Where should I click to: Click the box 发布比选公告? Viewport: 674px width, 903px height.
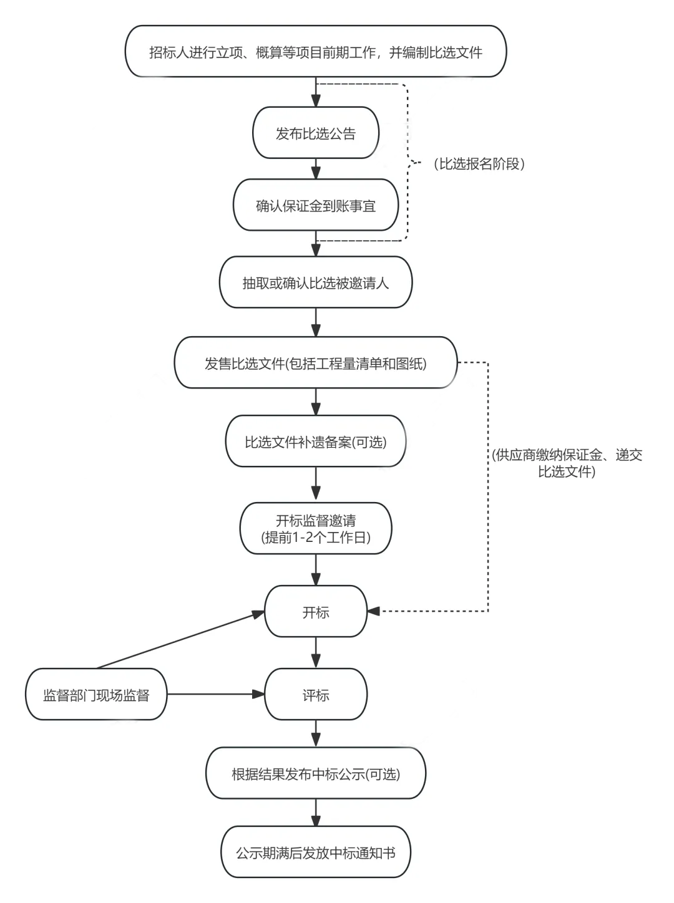tap(316, 133)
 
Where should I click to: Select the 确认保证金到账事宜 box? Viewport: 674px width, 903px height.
tap(316, 206)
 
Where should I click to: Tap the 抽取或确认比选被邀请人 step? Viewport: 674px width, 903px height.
tap(316, 282)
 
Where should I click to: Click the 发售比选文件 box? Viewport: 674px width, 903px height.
tap(316, 363)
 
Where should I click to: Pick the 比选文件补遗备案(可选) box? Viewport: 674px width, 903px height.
tap(316, 442)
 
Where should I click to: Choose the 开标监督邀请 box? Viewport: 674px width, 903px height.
tap(316, 528)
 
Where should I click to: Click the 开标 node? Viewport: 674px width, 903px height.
tap(316, 612)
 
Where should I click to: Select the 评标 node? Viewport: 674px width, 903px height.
tap(316, 695)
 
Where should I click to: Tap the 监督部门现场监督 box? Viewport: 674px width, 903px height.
tap(96, 695)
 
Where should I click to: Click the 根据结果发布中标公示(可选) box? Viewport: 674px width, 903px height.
tap(316, 774)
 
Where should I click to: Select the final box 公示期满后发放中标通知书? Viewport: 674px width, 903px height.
tap(316, 852)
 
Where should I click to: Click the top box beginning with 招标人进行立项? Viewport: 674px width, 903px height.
tap(316, 52)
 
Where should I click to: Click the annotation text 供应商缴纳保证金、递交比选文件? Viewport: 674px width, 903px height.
tap(567, 463)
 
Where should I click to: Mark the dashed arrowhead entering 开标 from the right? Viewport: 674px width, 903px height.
tap(374, 611)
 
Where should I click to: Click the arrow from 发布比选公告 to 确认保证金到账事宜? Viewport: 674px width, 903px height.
tap(316, 169)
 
